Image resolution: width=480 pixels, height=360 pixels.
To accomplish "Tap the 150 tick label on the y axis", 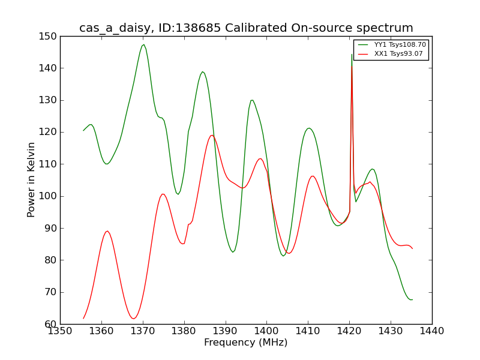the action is click(47, 37).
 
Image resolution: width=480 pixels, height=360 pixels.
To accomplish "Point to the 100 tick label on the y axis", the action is click(47, 196).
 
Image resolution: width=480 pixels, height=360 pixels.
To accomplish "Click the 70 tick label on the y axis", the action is click(50, 292).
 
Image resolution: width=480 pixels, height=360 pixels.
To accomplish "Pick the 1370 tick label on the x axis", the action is click(143, 331).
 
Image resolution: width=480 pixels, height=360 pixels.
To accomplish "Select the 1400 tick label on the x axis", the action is click(266, 331).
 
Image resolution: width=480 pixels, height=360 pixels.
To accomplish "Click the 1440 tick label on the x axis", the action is click(432, 331).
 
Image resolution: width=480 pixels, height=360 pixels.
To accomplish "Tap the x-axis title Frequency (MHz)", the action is click(246, 342).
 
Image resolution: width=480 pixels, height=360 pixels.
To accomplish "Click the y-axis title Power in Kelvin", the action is click(31, 180).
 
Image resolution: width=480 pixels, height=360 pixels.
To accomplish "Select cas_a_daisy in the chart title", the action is click(115, 28).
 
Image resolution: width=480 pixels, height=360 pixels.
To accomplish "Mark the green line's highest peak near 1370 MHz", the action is click(143, 44).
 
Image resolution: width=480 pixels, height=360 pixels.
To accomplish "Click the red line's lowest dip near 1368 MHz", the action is click(133, 319).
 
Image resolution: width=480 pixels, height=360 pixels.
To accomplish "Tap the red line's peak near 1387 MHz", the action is click(212, 136).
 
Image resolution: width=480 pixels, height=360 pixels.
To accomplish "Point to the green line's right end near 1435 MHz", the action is click(412, 299).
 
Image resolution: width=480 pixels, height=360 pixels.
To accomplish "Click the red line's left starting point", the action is click(83, 319).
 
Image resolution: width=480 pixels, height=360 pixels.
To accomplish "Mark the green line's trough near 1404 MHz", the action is click(283, 256).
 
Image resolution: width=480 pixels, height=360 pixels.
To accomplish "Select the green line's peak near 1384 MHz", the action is click(202, 71).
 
